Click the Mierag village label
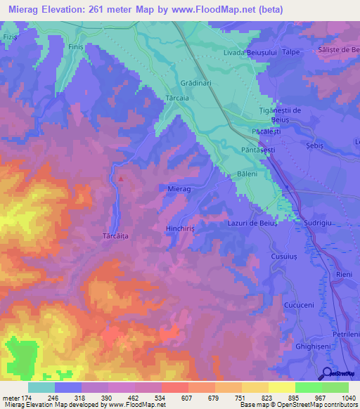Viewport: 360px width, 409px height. pyautogui.click(x=180, y=189)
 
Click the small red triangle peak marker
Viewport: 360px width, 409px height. pyautogui.click(x=120, y=178)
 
